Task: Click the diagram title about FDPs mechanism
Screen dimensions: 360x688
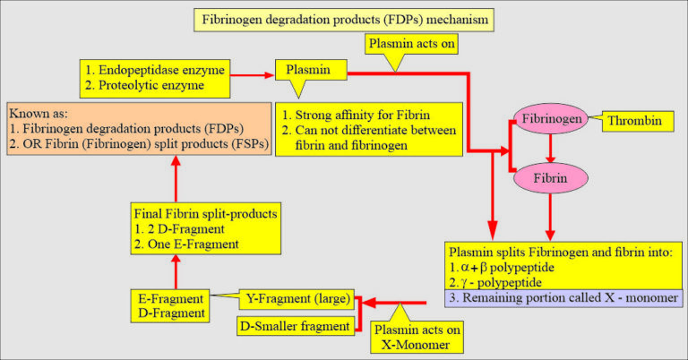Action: point(344,18)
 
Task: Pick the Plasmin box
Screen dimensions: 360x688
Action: point(309,70)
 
